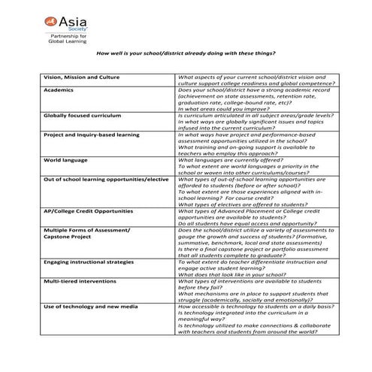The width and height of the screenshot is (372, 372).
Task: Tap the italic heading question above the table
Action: [x=187, y=53]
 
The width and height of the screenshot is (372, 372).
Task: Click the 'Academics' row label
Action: [x=62, y=89]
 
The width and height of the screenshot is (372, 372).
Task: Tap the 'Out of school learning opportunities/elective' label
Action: [x=106, y=180]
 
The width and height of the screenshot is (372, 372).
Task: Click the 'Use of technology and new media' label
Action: [x=90, y=307]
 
